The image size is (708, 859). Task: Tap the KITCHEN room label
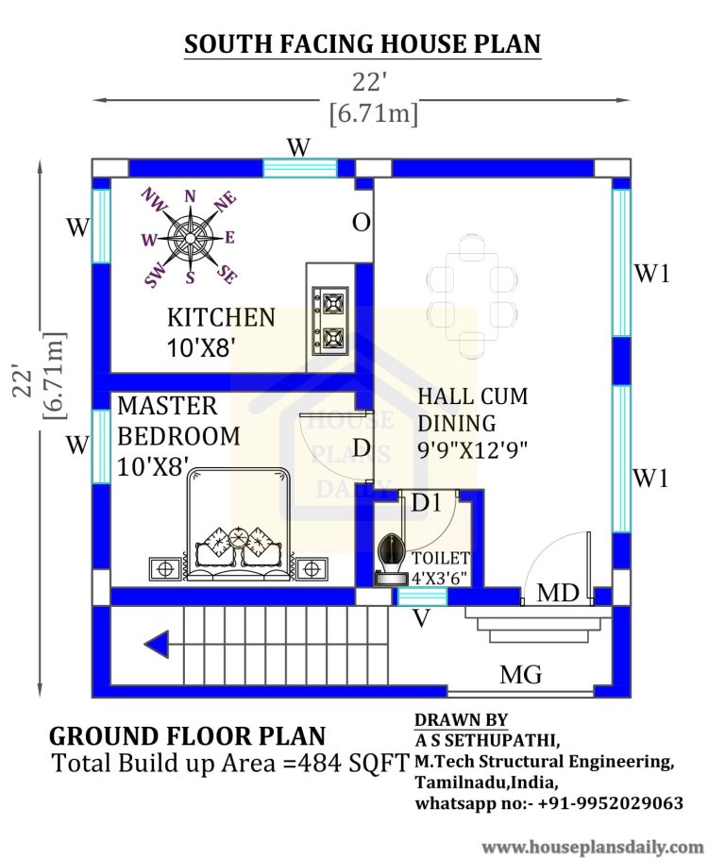coord(221,317)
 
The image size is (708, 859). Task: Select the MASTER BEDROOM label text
coord(177,421)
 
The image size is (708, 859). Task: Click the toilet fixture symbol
coord(387,564)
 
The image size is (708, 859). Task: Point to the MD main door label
coord(558,594)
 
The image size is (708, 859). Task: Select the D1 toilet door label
coord(426,504)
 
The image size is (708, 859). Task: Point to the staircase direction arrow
coord(158,646)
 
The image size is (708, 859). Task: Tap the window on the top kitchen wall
coord(299,168)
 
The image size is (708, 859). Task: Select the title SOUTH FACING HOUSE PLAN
coord(362,43)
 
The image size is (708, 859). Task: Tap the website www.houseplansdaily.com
coord(592,846)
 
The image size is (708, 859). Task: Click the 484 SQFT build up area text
coord(362,763)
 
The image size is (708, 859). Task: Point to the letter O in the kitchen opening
coord(361,223)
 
